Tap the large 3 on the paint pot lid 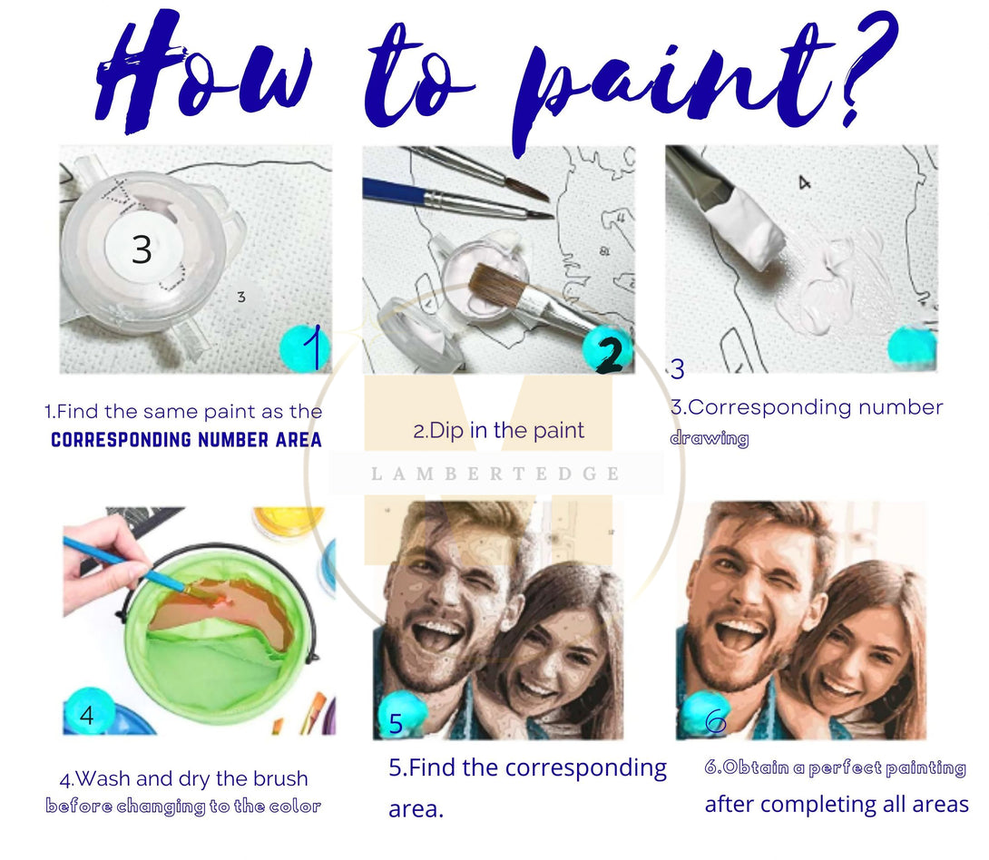[142, 249]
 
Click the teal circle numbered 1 [305, 348]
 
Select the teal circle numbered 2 [607, 348]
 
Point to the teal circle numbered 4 [88, 711]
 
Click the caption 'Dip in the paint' [498, 431]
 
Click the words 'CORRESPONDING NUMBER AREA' [186, 439]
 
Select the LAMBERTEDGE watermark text [495, 474]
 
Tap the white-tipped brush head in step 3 [744, 227]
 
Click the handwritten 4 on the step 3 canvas [804, 183]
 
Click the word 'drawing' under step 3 [710, 438]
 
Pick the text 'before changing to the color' [183, 806]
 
